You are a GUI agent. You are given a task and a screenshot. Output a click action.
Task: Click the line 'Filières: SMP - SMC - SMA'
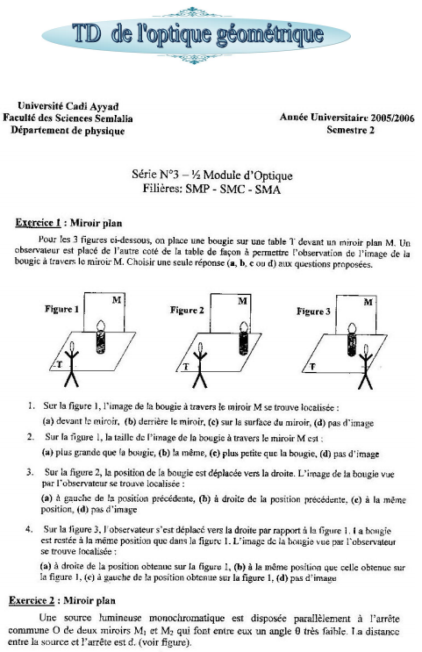pos(211,189)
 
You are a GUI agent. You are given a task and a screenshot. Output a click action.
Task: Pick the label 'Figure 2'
pos(188,310)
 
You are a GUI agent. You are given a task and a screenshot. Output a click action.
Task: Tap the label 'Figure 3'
pos(313,312)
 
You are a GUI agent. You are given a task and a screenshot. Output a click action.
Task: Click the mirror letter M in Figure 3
pos(368,302)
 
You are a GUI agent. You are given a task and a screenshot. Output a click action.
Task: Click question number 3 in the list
pos(30,471)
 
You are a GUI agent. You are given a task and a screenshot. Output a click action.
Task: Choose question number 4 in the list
pos(30,529)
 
